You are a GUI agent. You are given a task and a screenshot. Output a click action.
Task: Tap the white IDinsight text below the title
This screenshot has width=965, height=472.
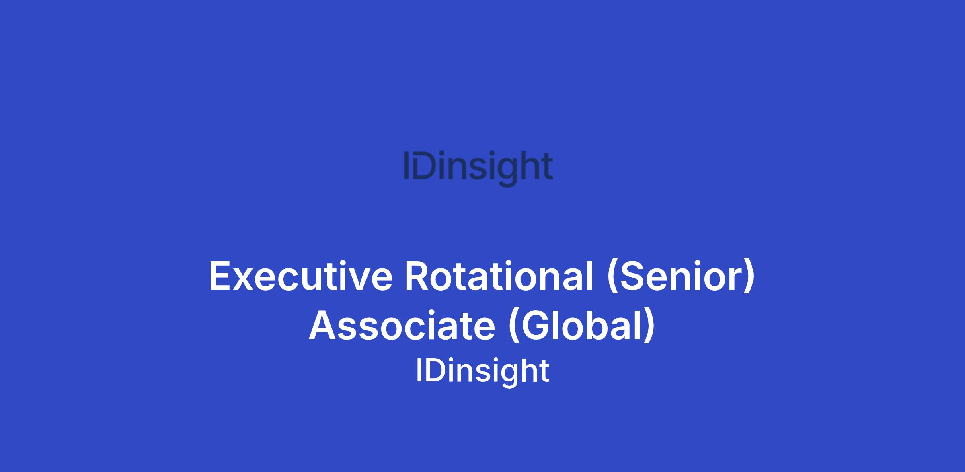coord(482,371)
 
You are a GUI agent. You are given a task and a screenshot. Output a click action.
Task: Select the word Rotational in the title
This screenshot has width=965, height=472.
coord(499,276)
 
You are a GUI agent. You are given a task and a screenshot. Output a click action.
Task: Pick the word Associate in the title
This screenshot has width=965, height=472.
coord(402,326)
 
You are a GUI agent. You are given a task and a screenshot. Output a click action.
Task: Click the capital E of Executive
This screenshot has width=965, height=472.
coord(221,276)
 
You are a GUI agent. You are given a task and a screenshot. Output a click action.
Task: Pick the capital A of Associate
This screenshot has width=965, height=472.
coord(323,326)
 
